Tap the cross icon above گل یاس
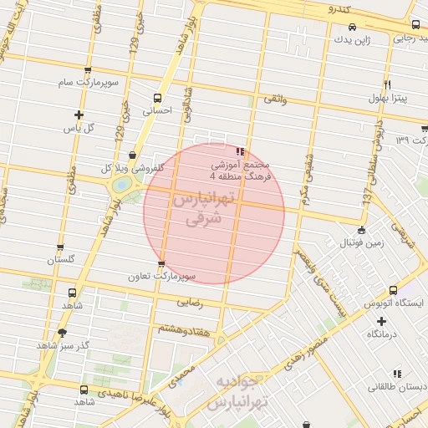(79, 115)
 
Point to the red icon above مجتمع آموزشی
(240, 152)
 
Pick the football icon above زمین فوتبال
(361, 230)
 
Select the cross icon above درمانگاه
(381, 320)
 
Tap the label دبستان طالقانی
(398, 388)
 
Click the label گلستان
(61, 260)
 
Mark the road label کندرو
(342, 8)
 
